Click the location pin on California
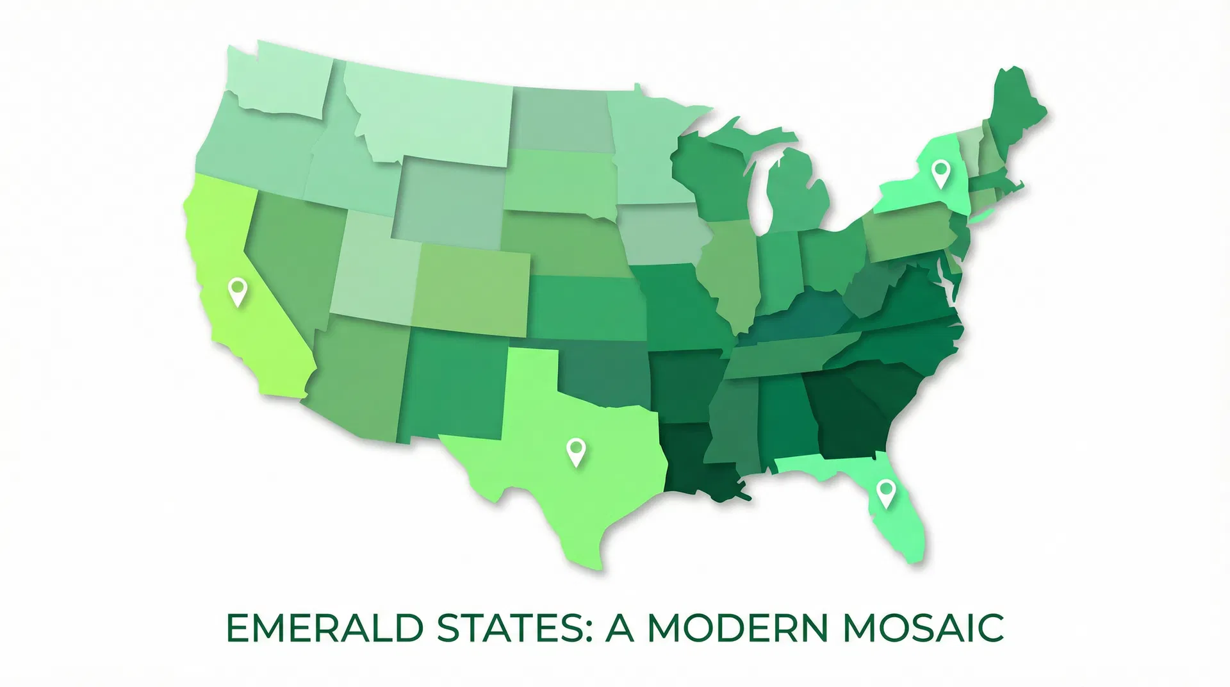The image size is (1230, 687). coord(238,292)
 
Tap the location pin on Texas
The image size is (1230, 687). coord(577,451)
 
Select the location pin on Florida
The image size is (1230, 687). coord(885,493)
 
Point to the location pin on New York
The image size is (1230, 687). coord(940,174)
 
